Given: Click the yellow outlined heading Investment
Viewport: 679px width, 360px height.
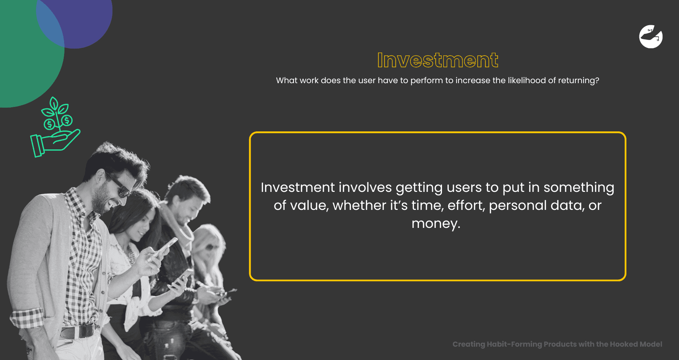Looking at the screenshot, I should click(x=438, y=60).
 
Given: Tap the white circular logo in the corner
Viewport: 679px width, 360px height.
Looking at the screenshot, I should click(x=651, y=37).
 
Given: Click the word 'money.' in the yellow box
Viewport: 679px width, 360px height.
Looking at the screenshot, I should click(x=436, y=224).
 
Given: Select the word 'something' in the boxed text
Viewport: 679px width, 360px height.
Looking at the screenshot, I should click(x=579, y=188).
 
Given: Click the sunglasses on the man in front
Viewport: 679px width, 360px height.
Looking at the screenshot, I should click(x=119, y=185).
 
